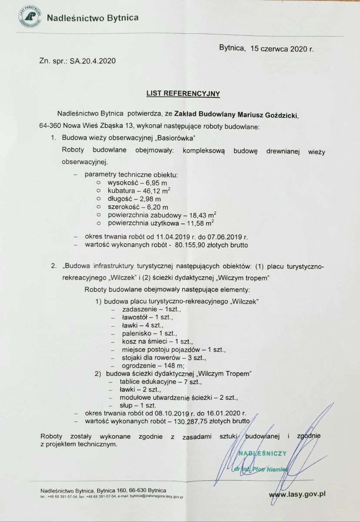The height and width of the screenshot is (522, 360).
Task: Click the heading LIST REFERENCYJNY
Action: point(183,93)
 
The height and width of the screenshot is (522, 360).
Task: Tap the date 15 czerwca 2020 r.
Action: point(282,49)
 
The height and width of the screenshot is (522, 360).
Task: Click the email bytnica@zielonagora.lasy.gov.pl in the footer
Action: point(150,496)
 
